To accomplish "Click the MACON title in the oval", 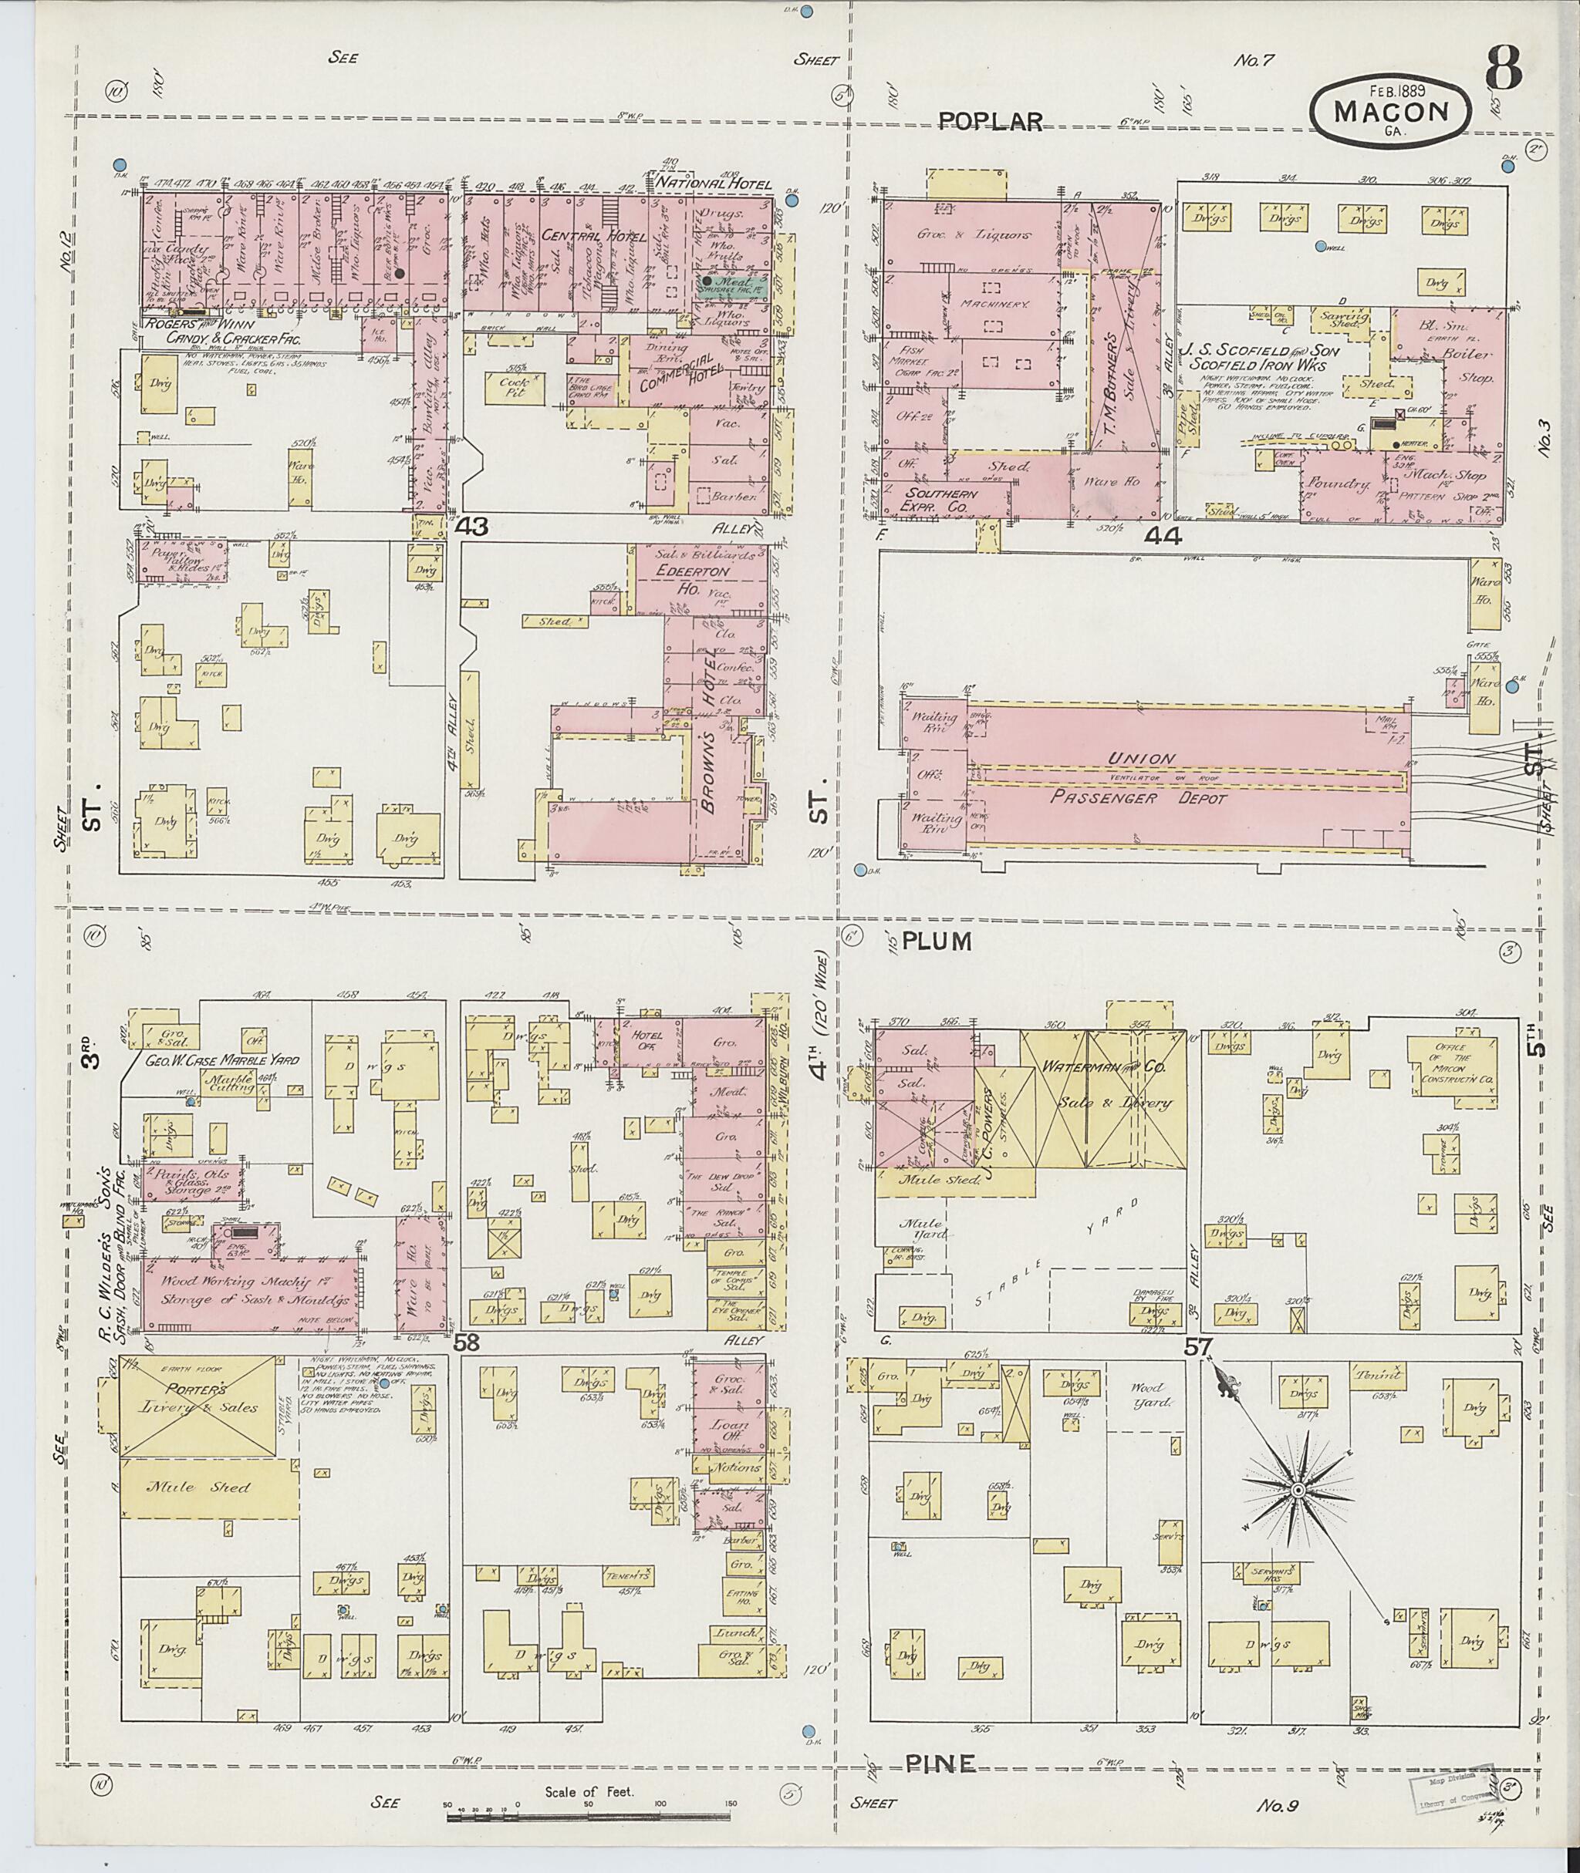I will coord(1390,111).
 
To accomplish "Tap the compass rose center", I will coord(1296,1490).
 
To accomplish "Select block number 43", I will coord(471,527).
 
